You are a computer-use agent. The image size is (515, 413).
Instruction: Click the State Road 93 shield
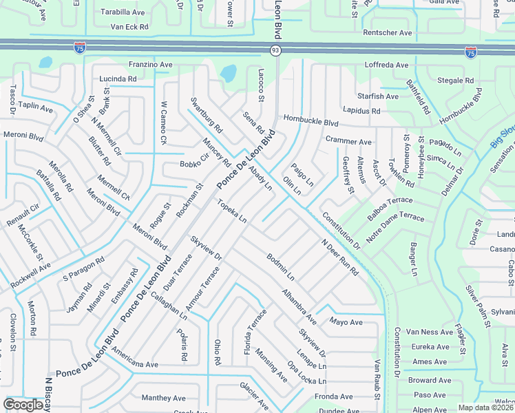275,50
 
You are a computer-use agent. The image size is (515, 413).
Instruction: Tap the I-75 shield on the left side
80,47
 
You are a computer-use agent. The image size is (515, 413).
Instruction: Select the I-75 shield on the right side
471,52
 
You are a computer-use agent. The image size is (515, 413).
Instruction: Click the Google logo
24,405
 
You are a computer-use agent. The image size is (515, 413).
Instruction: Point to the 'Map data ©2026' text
486,407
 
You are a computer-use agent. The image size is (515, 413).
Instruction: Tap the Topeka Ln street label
232,211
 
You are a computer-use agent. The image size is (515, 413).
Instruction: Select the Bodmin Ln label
281,268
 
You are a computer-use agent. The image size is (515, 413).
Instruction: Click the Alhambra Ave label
299,306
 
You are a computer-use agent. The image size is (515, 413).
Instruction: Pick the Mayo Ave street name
346,322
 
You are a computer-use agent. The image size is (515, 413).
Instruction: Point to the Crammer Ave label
349,142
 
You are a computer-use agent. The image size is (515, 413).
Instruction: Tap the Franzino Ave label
151,64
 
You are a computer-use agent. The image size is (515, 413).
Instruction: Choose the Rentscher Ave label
388,32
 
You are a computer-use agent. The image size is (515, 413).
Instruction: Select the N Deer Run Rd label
339,257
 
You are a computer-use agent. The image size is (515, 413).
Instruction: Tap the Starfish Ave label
377,96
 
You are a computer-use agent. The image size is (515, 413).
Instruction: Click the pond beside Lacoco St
227,72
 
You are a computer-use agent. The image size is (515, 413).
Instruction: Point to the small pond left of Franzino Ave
45,62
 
